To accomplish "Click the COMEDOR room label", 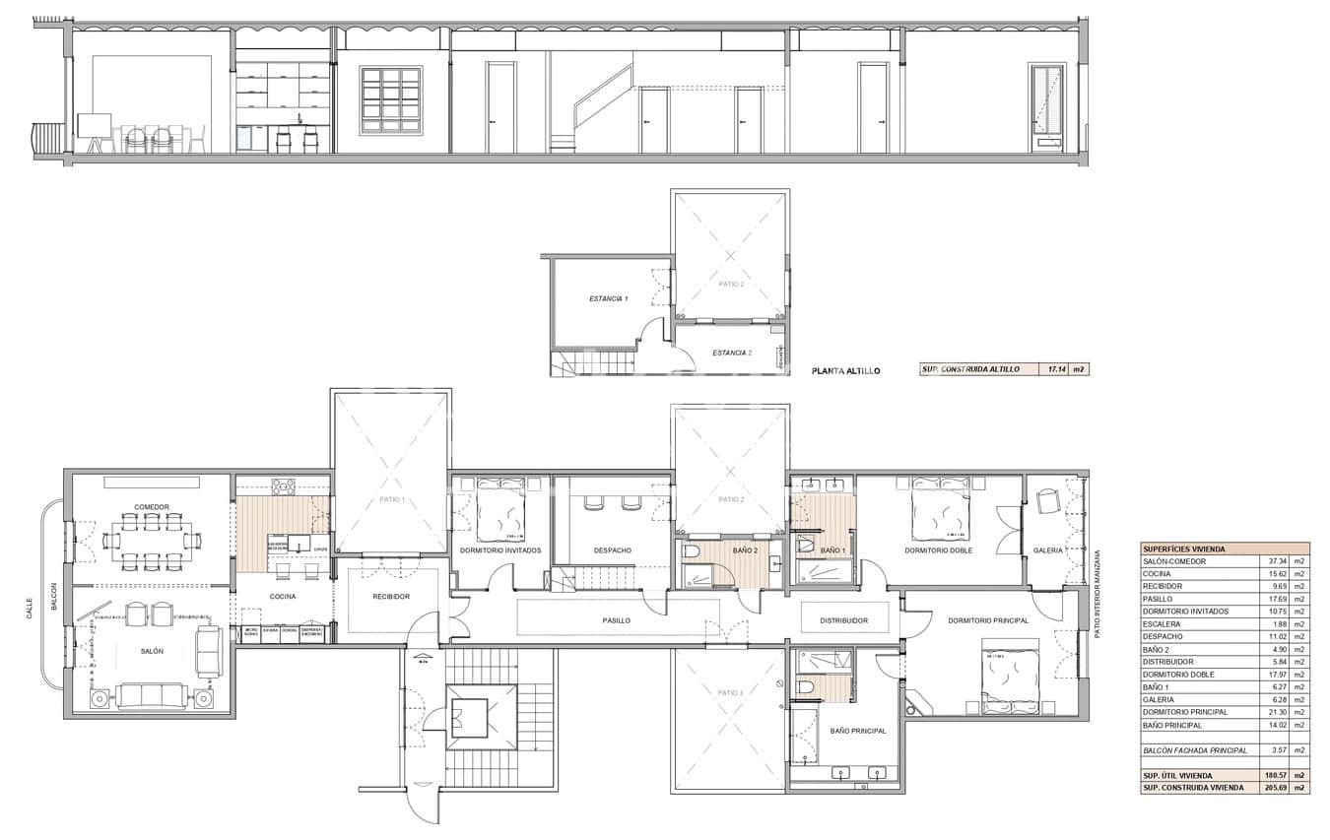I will point(152,507).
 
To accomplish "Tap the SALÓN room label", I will point(152,651).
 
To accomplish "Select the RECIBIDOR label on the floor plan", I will point(390,597).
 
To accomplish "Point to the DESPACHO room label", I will point(613,550).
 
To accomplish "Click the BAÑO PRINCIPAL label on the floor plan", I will point(857,731).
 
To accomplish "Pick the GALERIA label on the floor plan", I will point(1048,550).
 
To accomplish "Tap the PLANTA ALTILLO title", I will point(845,371).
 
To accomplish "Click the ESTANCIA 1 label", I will point(609,298).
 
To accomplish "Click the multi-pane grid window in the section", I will point(391,99).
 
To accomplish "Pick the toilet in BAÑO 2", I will point(692,552).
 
